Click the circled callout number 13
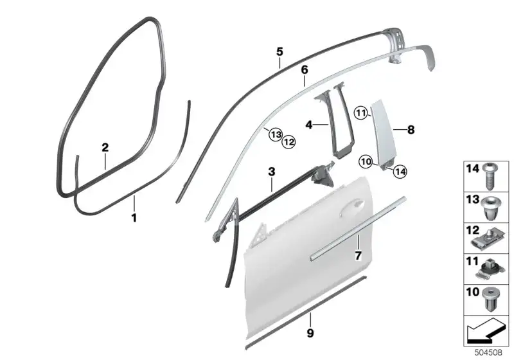coord(276,134)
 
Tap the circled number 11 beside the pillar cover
coord(361,114)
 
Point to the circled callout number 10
coord(366,161)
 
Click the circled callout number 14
coord(400,171)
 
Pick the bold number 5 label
coord(279,52)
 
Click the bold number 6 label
coord(305,70)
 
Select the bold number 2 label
coord(105,148)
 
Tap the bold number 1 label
coord(134,218)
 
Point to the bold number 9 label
coord(310,333)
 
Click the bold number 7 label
coord(358,255)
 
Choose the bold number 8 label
coord(411,130)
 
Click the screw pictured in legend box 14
coord(490,176)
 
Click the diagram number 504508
coord(488,353)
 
